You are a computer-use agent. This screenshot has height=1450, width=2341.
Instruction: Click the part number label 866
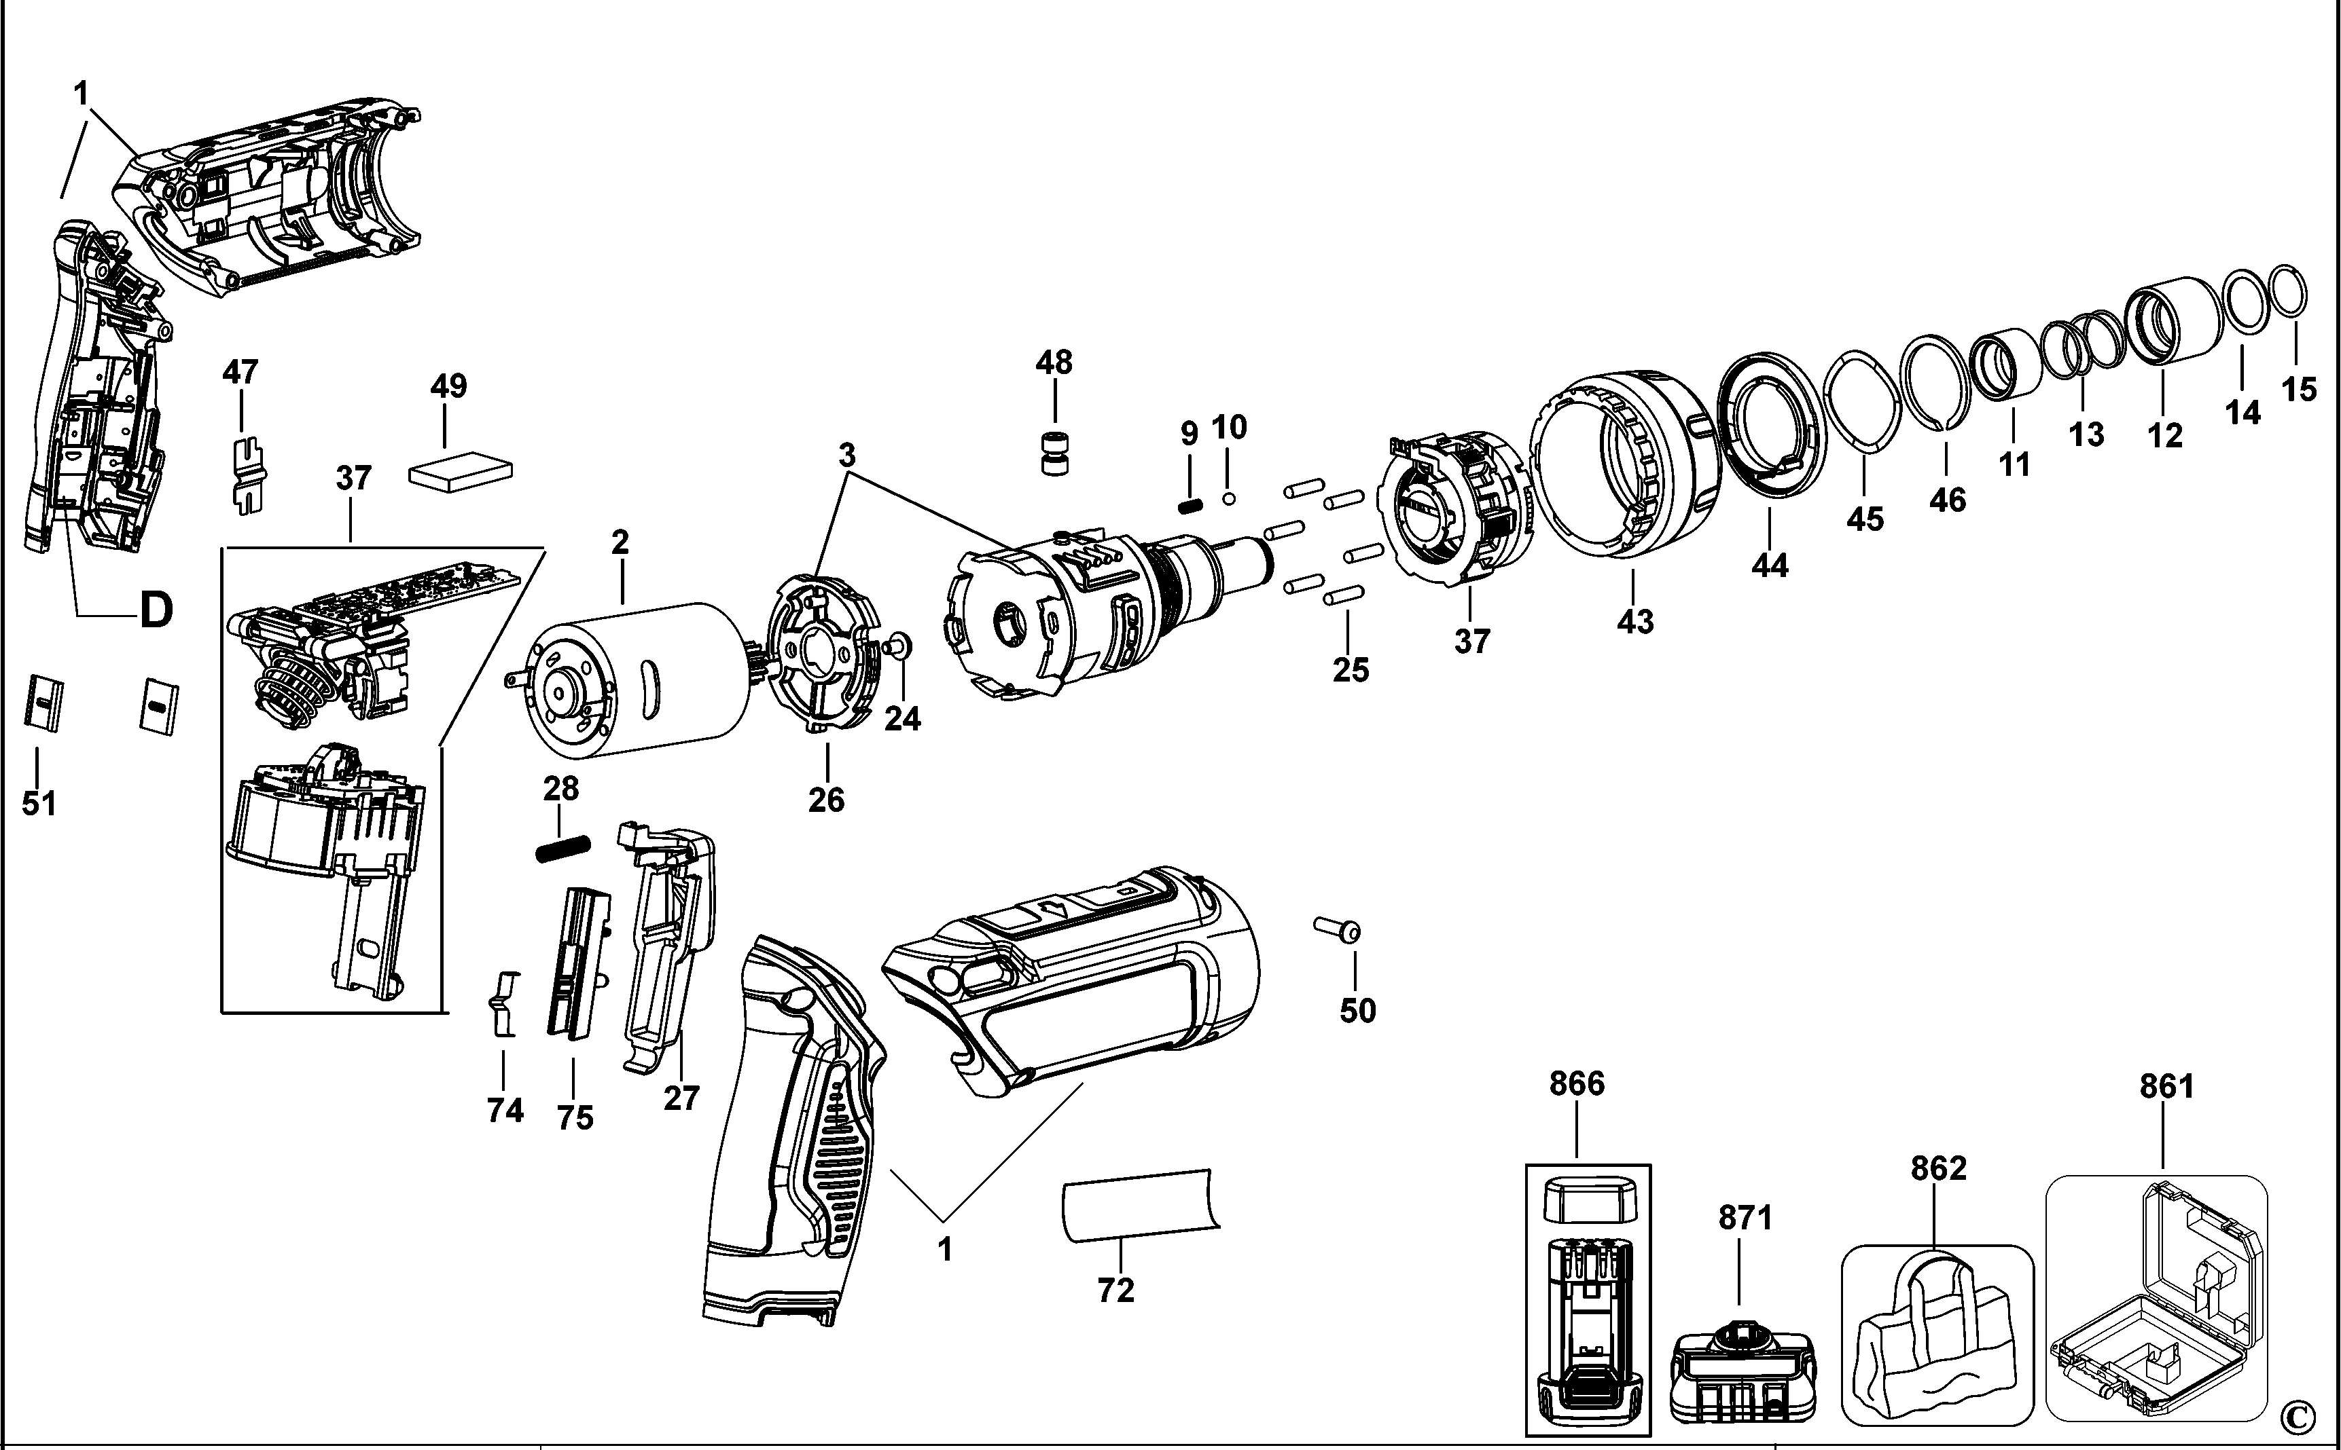click(x=1576, y=1083)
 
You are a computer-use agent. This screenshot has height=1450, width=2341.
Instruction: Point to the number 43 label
click(x=1635, y=621)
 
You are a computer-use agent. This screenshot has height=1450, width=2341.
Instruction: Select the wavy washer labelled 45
click(x=1861, y=400)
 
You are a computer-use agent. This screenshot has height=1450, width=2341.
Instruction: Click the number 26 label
click(x=826, y=799)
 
